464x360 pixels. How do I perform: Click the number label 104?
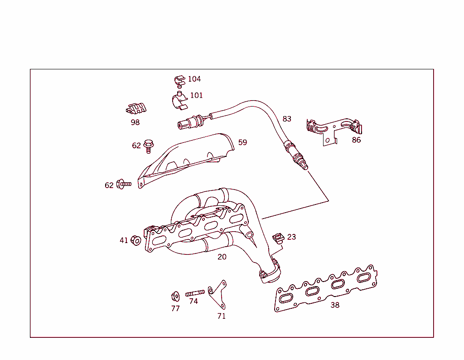tap(194, 79)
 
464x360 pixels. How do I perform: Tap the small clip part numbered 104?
tap(179, 80)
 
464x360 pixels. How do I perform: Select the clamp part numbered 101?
tap(179, 101)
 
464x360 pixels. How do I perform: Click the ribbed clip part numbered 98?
tap(136, 109)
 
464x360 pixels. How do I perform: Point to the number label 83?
tap(287, 119)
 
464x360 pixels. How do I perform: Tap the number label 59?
tap(243, 142)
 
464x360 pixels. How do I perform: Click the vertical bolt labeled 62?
tap(148, 145)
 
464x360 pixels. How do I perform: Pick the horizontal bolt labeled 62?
tap(123, 184)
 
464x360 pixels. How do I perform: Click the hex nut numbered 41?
tap(135, 240)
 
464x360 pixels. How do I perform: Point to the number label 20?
tap(222, 257)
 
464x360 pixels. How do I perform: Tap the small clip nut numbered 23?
tap(277, 238)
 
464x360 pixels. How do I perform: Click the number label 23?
tap(291, 237)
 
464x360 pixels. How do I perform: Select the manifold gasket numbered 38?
tap(326, 288)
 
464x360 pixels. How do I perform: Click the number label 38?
tap(335, 305)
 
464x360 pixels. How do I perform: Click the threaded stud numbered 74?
tap(195, 293)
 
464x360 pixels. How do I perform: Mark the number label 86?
tap(357, 140)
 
